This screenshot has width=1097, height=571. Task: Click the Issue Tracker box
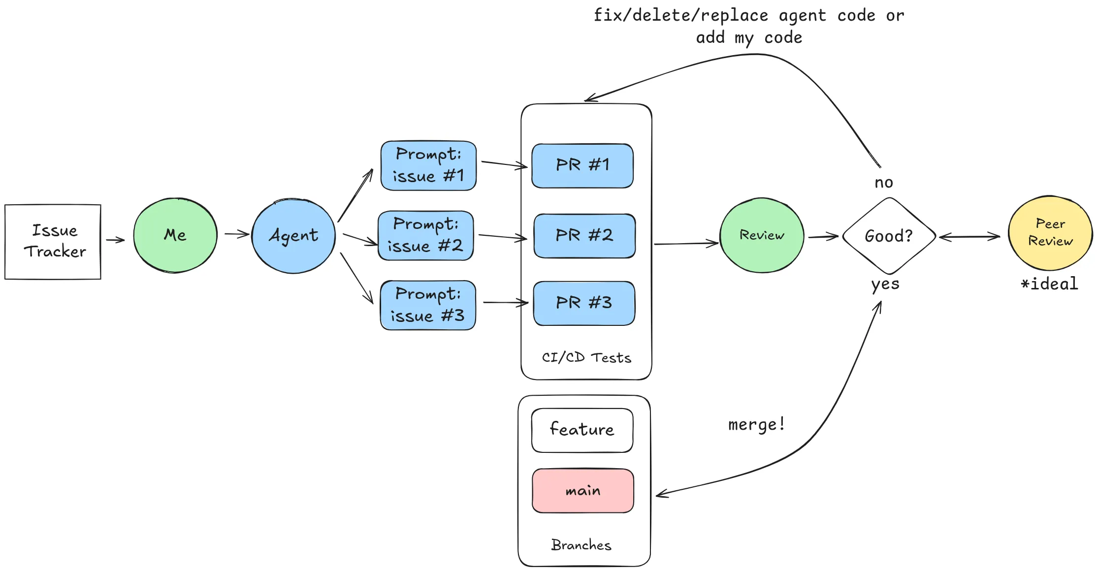click(53, 242)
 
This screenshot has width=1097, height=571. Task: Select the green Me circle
click(175, 235)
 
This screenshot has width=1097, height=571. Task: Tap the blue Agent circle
click(293, 236)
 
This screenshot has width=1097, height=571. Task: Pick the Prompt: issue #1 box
click(428, 165)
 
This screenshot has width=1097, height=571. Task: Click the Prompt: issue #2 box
click(426, 235)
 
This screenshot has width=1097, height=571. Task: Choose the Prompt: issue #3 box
click(428, 305)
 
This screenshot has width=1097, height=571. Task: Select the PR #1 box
click(582, 165)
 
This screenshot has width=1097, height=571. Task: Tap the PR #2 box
click(584, 235)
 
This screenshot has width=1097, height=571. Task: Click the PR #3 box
click(584, 303)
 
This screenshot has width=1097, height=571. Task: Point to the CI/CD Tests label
click(586, 357)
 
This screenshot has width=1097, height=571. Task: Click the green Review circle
click(762, 235)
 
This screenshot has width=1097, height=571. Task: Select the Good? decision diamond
click(889, 236)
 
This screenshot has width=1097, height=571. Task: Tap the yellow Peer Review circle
click(1050, 233)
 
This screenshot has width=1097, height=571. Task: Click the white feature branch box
click(582, 430)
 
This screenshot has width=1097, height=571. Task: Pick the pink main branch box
click(583, 491)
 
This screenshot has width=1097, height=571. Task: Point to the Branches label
click(581, 545)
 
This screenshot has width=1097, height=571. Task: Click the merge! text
click(756, 424)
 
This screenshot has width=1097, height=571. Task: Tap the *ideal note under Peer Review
click(1049, 284)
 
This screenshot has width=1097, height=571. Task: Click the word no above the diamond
click(884, 183)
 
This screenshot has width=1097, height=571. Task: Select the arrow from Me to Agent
click(237, 234)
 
